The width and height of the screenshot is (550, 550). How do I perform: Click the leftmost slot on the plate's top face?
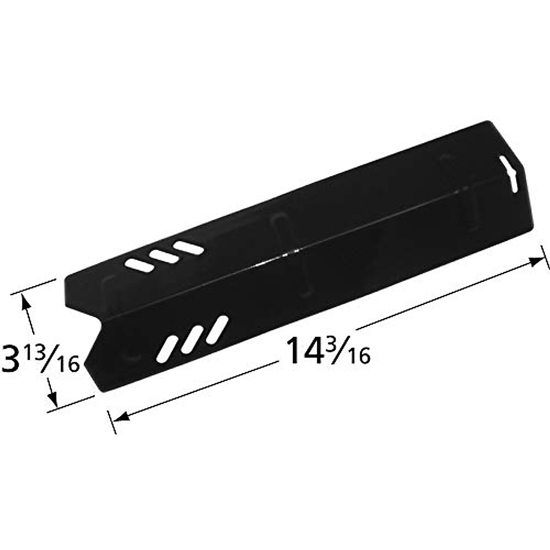[x=140, y=264]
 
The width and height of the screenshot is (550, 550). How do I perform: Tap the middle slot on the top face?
[x=165, y=256]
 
